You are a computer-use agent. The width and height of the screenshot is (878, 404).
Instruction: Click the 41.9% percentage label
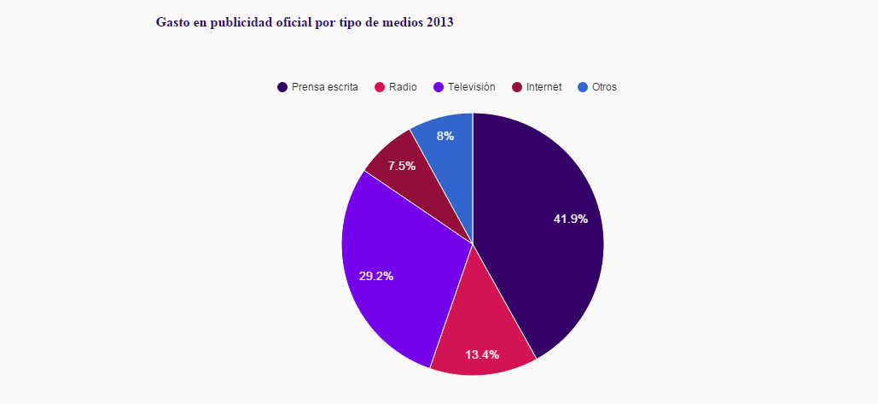point(571,220)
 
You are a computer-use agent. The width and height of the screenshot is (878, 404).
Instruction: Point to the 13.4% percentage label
point(482,354)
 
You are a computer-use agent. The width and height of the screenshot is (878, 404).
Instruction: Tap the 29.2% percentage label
point(376,276)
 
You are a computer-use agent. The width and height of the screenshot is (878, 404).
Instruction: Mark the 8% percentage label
point(445,136)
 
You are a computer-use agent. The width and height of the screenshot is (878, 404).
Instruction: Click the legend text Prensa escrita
point(324,87)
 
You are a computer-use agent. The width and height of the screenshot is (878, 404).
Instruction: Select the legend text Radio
point(403,87)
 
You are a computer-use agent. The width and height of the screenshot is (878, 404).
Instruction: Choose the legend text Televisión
point(471,87)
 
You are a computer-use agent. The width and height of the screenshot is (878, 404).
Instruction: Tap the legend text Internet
point(544,87)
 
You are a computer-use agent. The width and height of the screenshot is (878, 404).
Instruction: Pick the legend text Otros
point(604,87)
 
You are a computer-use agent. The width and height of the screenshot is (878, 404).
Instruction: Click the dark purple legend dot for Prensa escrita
point(282,87)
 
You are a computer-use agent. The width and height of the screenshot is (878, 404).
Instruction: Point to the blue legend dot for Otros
point(583,87)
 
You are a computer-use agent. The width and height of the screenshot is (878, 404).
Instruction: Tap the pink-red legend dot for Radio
point(381,87)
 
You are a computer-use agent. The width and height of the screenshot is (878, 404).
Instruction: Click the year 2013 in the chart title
point(439,22)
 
